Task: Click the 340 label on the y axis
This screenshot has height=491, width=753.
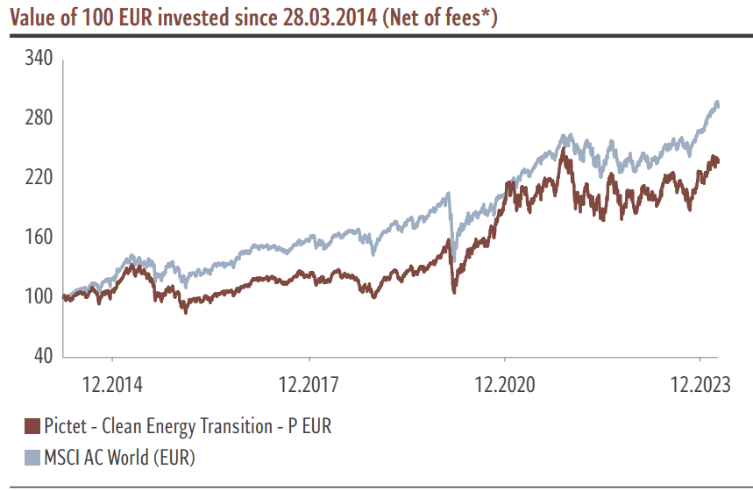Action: click(x=39, y=58)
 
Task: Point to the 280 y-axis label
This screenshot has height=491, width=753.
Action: click(x=39, y=117)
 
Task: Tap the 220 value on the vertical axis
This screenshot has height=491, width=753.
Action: click(x=39, y=177)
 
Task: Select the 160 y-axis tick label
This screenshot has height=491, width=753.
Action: click(x=39, y=237)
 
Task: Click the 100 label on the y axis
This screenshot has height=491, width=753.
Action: click(x=39, y=296)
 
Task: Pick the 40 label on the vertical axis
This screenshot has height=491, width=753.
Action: click(x=43, y=356)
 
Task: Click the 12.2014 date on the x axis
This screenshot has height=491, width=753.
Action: click(x=112, y=385)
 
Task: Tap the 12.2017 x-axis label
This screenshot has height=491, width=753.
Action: click(x=309, y=385)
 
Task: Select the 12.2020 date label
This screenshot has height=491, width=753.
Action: click(x=505, y=385)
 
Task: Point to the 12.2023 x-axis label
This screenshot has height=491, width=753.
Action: click(x=700, y=385)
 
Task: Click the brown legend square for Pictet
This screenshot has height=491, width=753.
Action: click(x=32, y=426)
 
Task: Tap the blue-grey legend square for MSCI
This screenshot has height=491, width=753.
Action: click(x=32, y=458)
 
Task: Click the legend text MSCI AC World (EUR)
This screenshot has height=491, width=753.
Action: click(x=119, y=458)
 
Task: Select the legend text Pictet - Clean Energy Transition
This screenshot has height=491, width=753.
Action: click(x=159, y=426)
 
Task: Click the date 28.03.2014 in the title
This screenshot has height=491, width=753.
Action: click(x=330, y=18)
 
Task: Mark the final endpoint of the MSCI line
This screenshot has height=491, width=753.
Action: click(x=718, y=104)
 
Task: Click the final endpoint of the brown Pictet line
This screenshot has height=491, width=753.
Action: click(x=718, y=162)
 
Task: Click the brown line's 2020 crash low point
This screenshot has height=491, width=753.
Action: click(x=454, y=292)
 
